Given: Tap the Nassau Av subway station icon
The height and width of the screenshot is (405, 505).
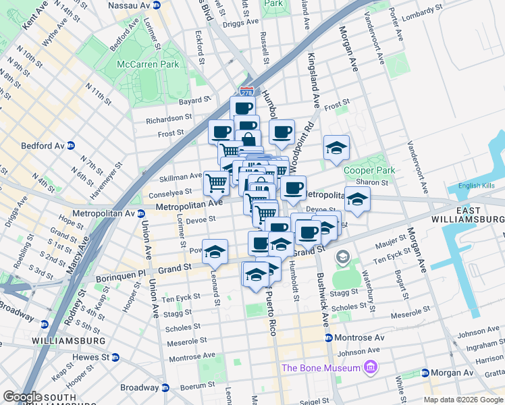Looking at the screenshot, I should [156, 5].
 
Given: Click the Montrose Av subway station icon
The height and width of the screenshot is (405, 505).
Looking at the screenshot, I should [328, 337].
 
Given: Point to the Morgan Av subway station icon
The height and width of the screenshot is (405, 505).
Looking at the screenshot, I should [425, 373].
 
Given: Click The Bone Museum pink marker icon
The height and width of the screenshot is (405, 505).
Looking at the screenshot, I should [370, 368].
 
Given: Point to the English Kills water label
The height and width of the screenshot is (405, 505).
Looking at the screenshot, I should [477, 186].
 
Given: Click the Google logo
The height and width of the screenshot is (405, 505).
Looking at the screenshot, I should [22, 396].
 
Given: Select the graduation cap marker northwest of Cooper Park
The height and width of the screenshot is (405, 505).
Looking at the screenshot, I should [336, 147].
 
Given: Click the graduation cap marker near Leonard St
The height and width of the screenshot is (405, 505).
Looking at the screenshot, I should [215, 252].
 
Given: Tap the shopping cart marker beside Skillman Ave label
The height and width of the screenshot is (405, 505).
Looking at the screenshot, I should [216, 182].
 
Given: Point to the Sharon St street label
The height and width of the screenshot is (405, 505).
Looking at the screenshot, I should [376, 182].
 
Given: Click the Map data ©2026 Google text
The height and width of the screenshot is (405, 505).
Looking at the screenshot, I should [462, 399].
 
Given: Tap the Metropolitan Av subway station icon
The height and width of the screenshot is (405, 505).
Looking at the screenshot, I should [141, 214].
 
